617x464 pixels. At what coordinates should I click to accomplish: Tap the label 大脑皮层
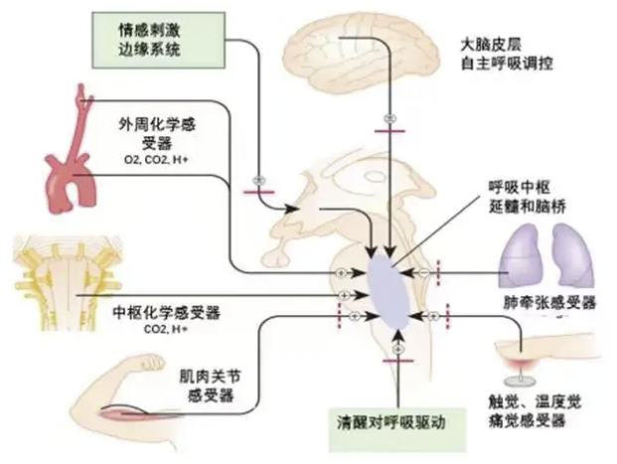click(x=497, y=45)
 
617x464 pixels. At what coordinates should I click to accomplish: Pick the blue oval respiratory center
click(x=391, y=289)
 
